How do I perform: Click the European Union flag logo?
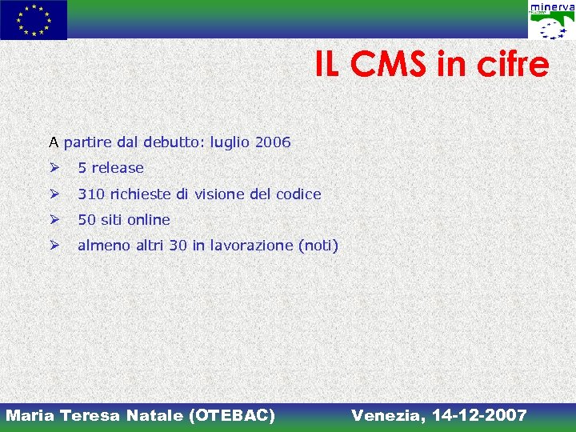(34, 20)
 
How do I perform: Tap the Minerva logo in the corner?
(551, 22)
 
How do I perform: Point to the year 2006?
(272, 142)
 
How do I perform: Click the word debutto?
(174, 142)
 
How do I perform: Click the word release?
(118, 168)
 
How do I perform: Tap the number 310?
(91, 194)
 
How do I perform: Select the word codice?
(298, 194)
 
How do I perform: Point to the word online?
(149, 219)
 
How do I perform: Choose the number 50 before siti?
(86, 219)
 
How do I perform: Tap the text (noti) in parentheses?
(318, 246)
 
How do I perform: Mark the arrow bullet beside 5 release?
(54, 168)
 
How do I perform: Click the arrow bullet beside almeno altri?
(54, 246)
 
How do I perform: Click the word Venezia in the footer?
(386, 415)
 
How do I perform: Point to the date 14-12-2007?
(479, 415)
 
